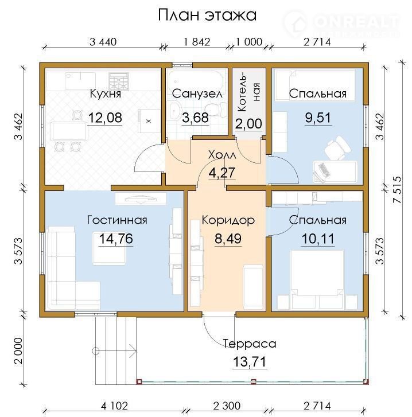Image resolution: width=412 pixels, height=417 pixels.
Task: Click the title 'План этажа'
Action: click(x=207, y=15)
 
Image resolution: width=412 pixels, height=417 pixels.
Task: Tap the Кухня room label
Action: click(x=106, y=93)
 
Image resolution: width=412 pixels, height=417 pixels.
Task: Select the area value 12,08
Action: click(x=105, y=118)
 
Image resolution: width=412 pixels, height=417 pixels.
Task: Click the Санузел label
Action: click(x=197, y=94)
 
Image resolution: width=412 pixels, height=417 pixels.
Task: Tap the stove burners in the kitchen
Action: click(x=119, y=80)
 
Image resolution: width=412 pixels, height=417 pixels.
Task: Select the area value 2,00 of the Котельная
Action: click(x=248, y=124)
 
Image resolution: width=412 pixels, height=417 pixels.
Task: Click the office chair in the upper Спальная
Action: click(x=337, y=147)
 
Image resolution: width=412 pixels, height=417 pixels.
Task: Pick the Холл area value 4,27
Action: click(x=222, y=173)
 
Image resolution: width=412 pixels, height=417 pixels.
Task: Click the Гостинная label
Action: click(x=117, y=220)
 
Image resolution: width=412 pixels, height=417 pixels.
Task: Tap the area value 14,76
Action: click(x=116, y=239)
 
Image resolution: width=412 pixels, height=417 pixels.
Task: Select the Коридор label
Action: click(x=228, y=220)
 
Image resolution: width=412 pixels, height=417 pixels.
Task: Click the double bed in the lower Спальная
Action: click(x=317, y=279)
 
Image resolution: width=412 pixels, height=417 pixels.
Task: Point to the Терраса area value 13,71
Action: click(x=250, y=362)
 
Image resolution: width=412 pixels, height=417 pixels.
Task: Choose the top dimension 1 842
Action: click(x=197, y=42)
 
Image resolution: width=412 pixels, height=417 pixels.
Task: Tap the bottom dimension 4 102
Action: click(x=115, y=406)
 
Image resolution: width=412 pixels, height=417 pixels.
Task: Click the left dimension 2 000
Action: click(x=18, y=351)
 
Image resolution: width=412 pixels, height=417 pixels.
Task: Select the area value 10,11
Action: click(x=318, y=239)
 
